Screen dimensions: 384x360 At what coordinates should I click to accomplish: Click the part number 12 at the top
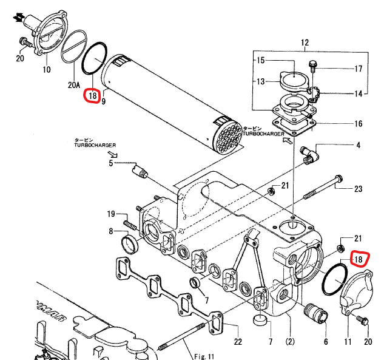[x=305, y=42]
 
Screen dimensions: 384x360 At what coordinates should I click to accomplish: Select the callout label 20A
[x=74, y=85]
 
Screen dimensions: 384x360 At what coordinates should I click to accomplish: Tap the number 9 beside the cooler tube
[x=103, y=101]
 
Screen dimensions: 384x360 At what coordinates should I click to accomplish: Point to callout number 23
[x=358, y=189]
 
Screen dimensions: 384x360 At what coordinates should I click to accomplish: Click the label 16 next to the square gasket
[x=359, y=123]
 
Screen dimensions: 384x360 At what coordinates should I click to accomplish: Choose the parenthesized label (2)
[x=290, y=341]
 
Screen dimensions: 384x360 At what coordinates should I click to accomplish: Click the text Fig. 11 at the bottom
[x=204, y=356]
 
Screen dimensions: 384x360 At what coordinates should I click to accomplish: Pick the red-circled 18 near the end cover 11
[x=359, y=259]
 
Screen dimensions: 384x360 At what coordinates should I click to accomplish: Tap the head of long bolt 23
[x=339, y=178]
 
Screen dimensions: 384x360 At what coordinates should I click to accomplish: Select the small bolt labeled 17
[x=313, y=65]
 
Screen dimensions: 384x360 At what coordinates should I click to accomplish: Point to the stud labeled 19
[x=130, y=225]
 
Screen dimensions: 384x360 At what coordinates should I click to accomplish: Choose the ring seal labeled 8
[x=130, y=243]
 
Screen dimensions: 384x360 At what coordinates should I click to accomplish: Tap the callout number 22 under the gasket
[x=238, y=342]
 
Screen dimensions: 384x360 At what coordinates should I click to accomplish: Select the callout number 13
[x=261, y=81]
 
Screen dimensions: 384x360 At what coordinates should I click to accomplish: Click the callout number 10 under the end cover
[x=47, y=70]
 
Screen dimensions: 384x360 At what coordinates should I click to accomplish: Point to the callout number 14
[x=359, y=93]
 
